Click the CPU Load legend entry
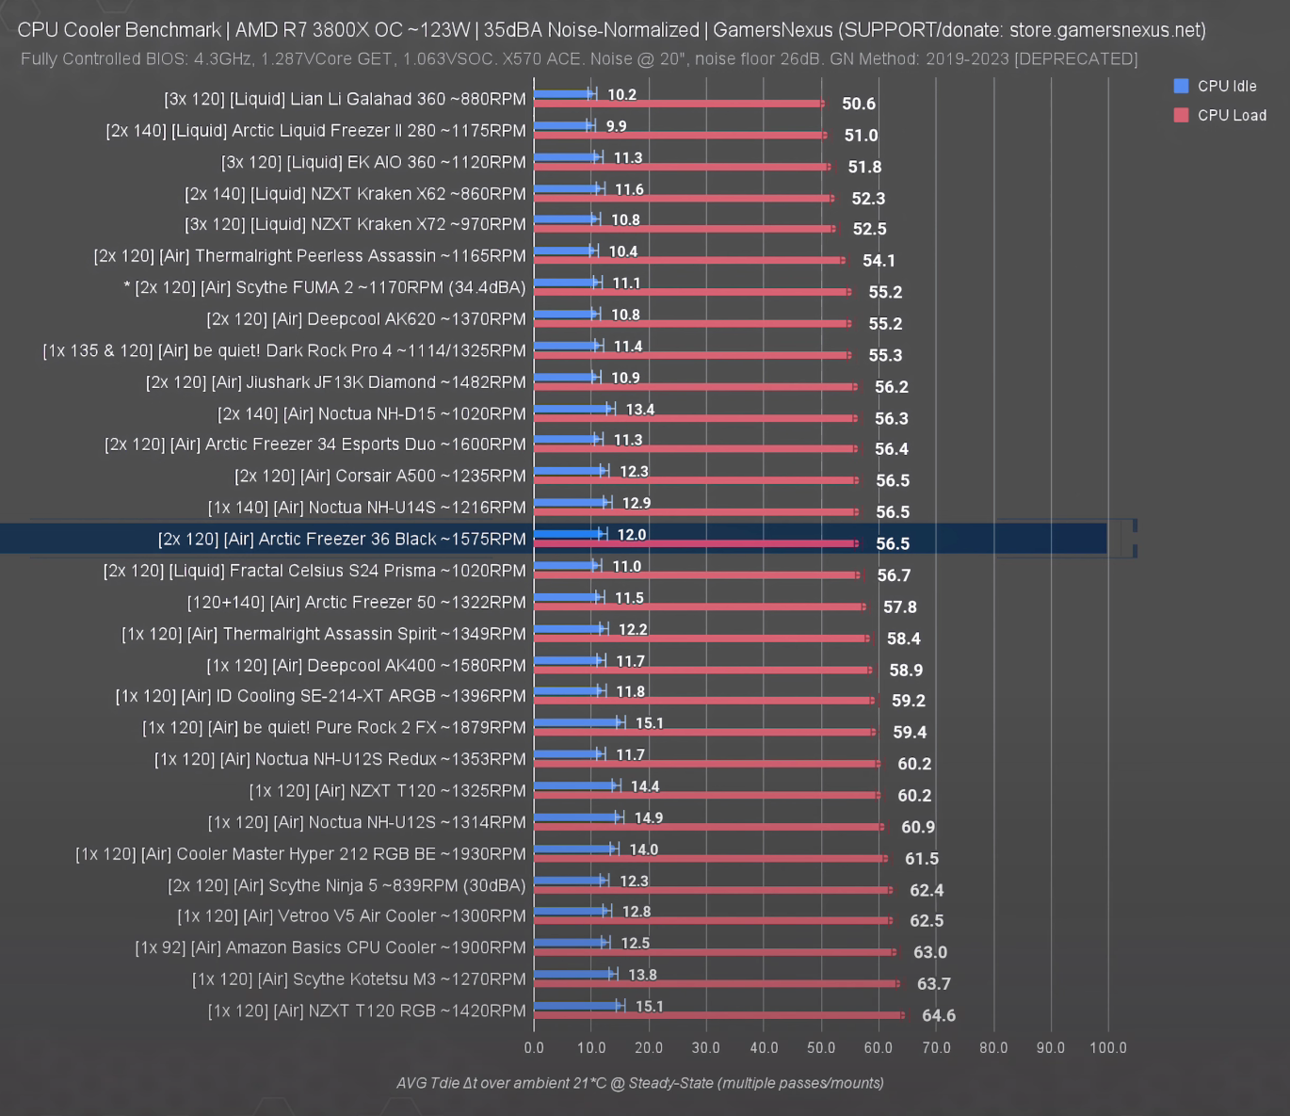coord(1219,116)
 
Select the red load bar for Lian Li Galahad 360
coord(678,104)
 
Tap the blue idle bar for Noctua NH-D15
coord(572,410)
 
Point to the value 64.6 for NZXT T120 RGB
coord(939,1015)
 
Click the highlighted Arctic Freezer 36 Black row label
coord(342,539)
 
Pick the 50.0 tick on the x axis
coord(821,1048)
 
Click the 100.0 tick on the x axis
coord(1108,1048)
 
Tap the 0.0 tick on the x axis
coord(534,1048)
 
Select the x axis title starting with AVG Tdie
coord(640,1083)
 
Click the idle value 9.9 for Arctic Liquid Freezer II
coord(616,126)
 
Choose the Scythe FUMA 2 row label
coord(325,287)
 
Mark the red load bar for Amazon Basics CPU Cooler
coord(716,952)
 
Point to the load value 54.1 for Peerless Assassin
coord(879,260)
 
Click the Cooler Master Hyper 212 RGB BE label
coord(300,854)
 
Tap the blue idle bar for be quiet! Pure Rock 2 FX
coord(577,722)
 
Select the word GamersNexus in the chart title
coord(773,30)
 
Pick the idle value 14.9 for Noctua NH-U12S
coord(649,817)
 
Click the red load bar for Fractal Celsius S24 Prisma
coord(697,574)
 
